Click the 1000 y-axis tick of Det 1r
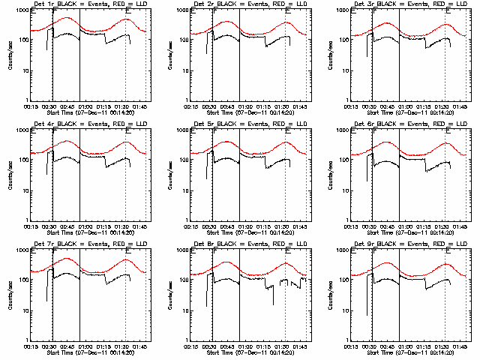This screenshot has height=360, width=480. tap(22, 11)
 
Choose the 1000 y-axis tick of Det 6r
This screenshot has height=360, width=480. tap(342, 131)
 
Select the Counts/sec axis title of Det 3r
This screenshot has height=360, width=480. tap(331, 55)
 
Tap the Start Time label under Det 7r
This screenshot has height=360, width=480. tap(88, 352)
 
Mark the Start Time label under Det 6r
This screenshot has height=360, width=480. tap(408, 232)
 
